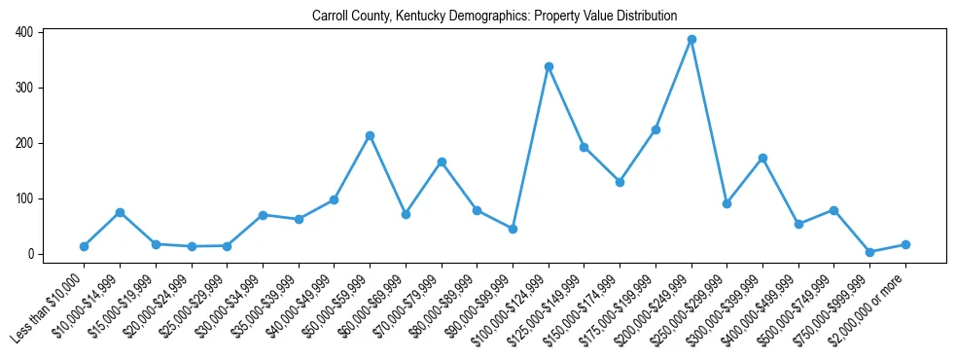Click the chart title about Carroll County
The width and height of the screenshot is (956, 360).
coord(494,17)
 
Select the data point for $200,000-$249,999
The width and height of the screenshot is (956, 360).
coord(691,40)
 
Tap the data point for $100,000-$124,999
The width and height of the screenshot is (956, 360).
coord(549,66)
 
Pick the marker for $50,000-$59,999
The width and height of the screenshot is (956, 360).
coord(370,135)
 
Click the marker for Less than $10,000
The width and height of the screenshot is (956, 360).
coord(84,246)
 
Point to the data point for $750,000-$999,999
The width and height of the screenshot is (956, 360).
coord(869,252)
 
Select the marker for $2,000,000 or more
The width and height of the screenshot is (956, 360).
coord(905,244)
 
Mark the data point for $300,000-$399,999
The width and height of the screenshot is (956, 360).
coord(762,158)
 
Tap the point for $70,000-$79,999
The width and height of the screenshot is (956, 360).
coord(442,162)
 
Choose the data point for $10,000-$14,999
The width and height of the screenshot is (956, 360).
coord(120,212)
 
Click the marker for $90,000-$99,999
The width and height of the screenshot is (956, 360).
coord(513,229)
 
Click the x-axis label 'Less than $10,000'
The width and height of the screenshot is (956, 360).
coord(51,306)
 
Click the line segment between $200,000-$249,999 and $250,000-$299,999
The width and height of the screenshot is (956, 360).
coord(709,122)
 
